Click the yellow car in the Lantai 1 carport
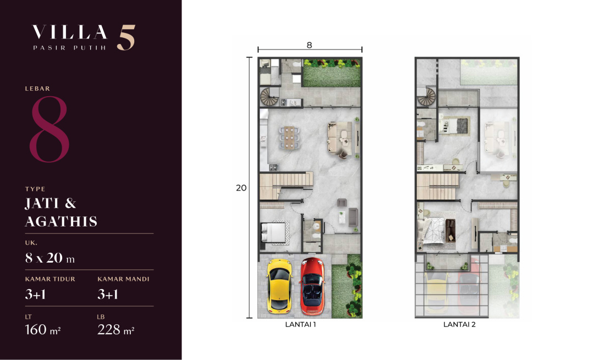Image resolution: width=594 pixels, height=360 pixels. (279, 286)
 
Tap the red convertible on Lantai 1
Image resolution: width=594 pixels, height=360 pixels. (312, 286)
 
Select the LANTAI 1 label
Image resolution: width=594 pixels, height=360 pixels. (300, 324)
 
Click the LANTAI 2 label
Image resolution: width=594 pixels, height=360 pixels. (459, 324)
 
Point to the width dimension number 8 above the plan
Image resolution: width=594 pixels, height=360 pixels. (309, 45)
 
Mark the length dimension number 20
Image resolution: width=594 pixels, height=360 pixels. (241, 188)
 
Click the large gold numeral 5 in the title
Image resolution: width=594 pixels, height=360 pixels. (126, 37)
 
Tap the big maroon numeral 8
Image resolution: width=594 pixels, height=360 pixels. (50, 129)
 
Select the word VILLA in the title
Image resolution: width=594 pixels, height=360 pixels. (70, 32)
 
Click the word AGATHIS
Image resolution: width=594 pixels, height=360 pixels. (61, 221)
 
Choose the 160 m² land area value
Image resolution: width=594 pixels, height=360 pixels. (43, 330)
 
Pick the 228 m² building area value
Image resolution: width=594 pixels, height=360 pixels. (116, 330)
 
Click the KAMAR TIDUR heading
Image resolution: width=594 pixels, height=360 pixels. (50, 279)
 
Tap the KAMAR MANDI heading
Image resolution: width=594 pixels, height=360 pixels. (123, 279)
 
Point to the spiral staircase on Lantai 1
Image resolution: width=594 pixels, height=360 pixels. (269, 97)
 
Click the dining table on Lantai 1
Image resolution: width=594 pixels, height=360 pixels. (289, 137)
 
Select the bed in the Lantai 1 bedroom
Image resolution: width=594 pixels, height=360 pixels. (273, 232)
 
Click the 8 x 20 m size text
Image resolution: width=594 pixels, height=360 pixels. (50, 258)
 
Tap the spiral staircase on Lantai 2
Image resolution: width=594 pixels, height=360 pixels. (427, 96)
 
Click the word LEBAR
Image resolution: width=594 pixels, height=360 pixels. (37, 88)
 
